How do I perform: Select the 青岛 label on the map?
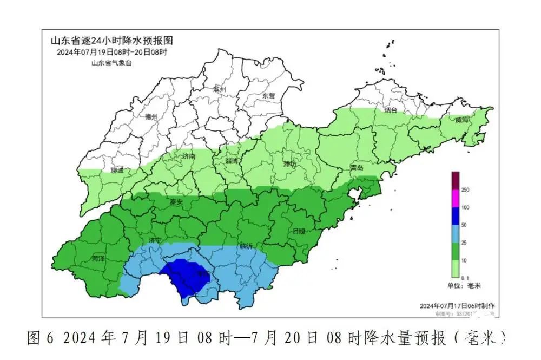[357, 168]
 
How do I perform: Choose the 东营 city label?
[268, 96]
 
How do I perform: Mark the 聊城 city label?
[117, 171]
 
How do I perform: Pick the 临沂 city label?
[246, 246]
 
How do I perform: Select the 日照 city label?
[299, 231]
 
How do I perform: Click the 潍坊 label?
[290, 163]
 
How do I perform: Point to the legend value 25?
[465, 243]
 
